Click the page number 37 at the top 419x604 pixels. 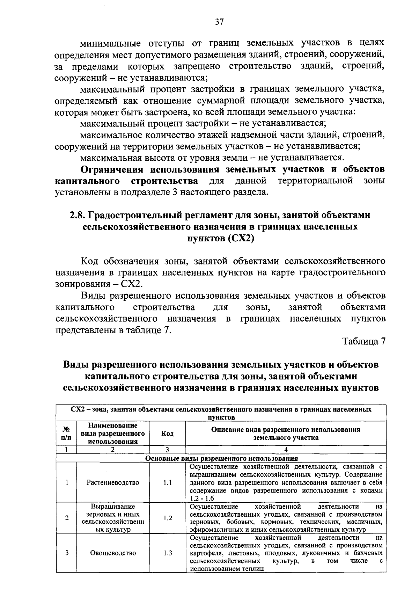point(219,22)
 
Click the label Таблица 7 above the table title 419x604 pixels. point(363,341)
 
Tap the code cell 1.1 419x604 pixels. point(167,482)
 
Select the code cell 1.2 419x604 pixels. point(167,518)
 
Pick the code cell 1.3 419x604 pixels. point(167,553)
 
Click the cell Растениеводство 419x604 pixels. point(113,482)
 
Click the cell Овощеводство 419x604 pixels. point(113,553)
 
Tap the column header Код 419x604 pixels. point(167,434)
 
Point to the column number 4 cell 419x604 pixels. point(286,450)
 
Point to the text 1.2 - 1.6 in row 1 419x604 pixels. point(202,499)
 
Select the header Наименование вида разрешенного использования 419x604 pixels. point(113,434)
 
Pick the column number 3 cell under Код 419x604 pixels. point(167,450)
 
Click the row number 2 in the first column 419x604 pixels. point(66,518)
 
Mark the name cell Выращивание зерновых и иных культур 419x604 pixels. point(113,518)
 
